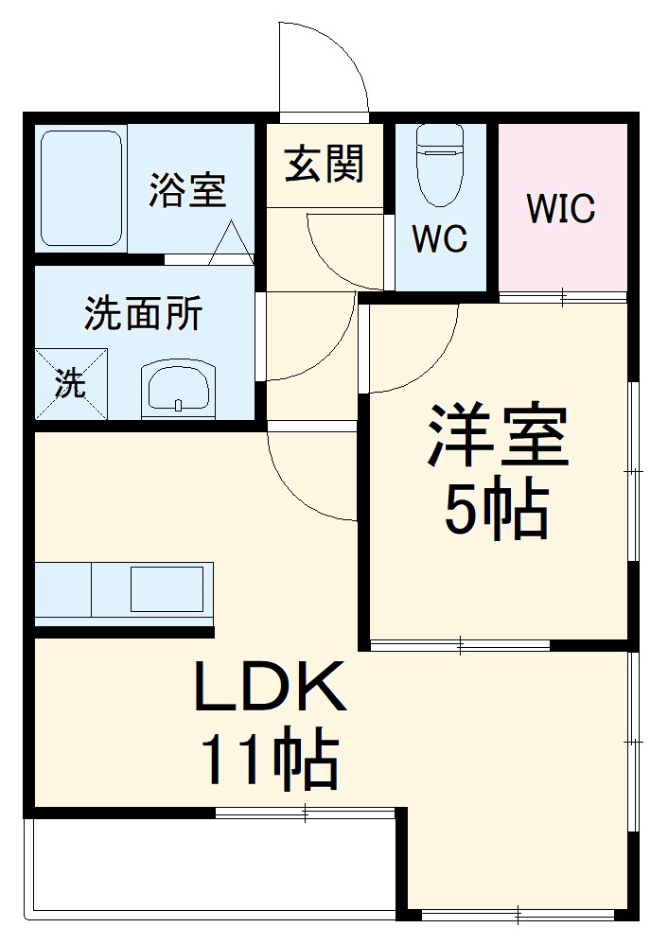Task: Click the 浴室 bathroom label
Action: pos(187,189)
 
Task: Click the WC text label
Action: pos(439,239)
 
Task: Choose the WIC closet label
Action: pos(561,208)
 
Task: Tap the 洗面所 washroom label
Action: pos(143,314)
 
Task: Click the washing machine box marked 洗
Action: pos(71,384)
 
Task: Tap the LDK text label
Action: pos(270,689)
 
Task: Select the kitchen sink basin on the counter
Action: pos(166,588)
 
